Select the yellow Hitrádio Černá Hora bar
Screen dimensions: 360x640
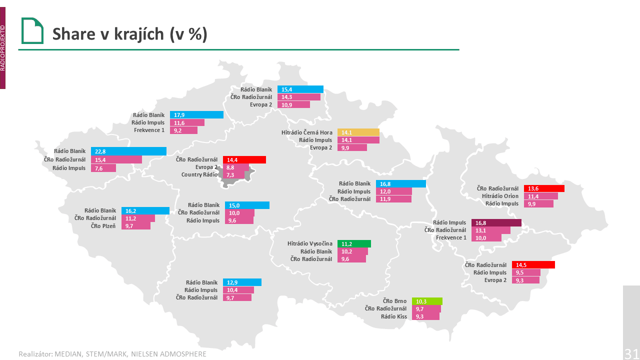click(358, 132)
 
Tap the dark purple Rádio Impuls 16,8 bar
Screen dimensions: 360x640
click(496, 223)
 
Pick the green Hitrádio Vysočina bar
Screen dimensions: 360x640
click(354, 244)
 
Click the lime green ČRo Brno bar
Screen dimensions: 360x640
click(427, 301)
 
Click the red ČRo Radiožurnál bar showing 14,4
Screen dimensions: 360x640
click(244, 160)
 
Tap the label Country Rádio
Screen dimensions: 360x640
click(199, 175)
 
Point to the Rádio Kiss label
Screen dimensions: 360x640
click(394, 316)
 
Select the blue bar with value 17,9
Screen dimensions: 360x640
click(196, 115)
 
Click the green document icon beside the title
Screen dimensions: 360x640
click(32, 31)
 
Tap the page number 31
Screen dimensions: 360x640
click(631, 353)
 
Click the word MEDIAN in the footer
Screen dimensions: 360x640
click(67, 354)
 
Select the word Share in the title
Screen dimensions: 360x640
click(73, 33)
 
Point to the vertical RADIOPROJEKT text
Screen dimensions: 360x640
click(2, 49)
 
